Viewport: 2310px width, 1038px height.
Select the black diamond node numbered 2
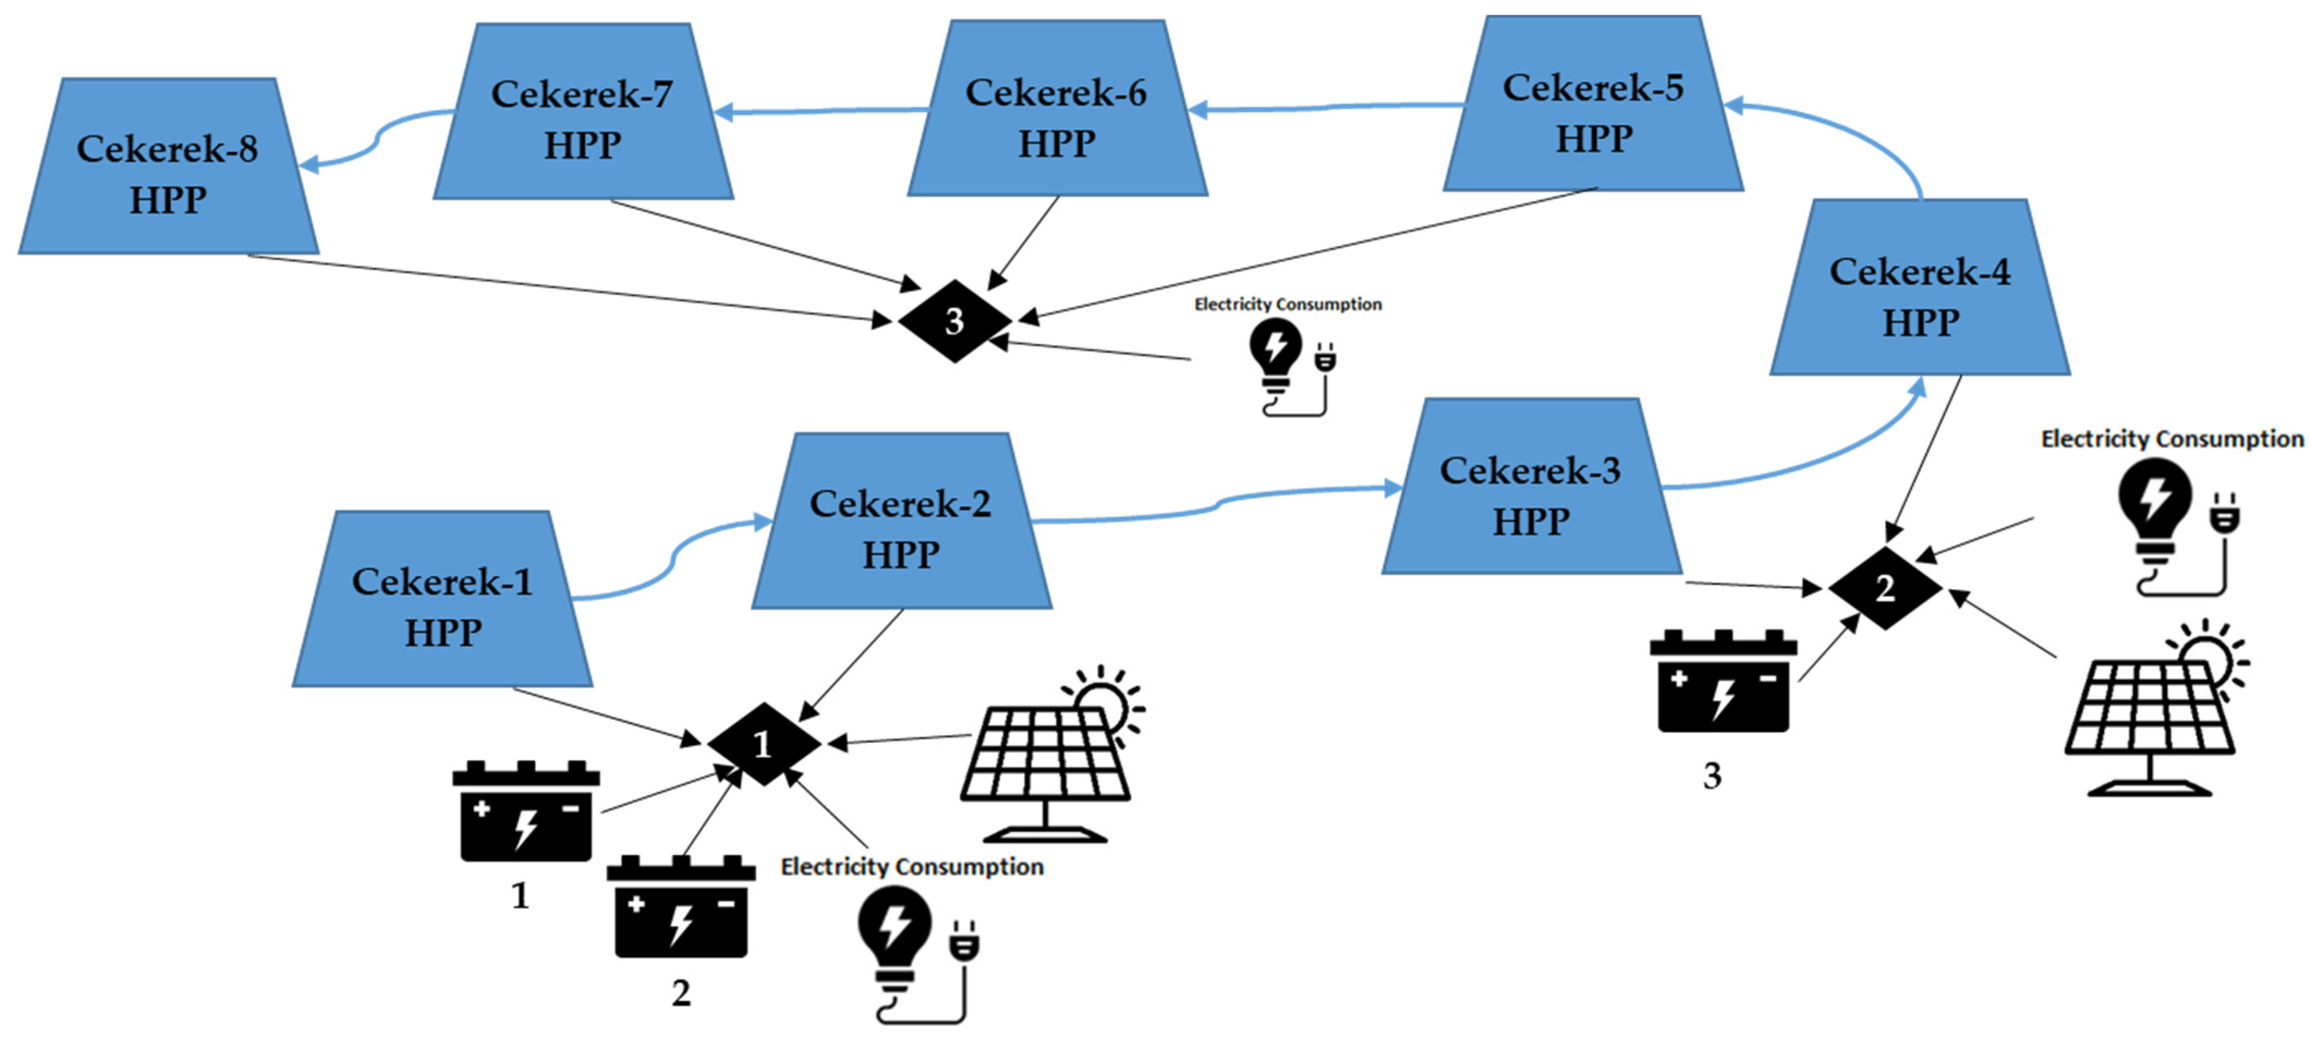point(1885,588)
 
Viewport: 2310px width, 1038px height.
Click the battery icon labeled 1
point(526,812)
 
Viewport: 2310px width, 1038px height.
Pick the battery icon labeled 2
point(680,907)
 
